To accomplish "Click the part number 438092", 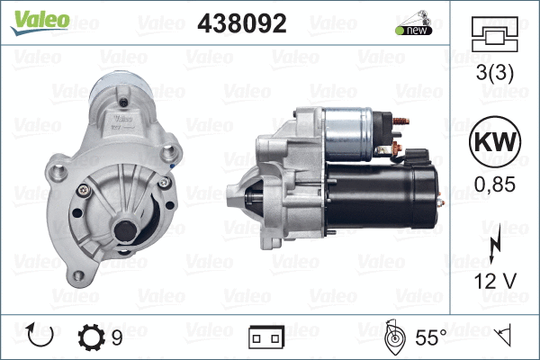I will (x=242, y=24).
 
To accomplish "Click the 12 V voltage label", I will (x=496, y=280).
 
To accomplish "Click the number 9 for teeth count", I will (x=118, y=337).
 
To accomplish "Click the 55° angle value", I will (x=431, y=337).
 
